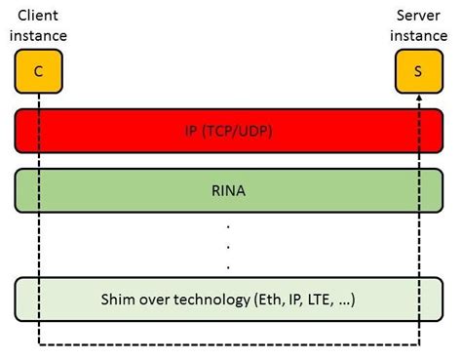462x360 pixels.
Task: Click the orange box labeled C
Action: (38, 70)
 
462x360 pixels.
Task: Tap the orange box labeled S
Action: (417, 70)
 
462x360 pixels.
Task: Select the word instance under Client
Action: (40, 35)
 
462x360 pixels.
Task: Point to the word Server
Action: (418, 16)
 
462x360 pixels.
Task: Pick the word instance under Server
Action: (418, 35)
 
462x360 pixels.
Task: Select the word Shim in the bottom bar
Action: (123, 299)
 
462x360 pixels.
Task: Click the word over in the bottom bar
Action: (160, 299)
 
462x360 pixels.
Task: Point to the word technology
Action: (215, 299)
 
